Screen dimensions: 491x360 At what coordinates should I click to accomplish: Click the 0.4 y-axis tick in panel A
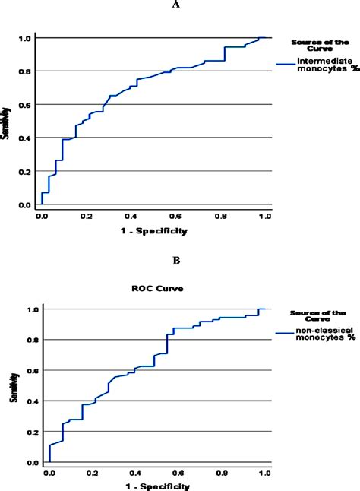point(25,138)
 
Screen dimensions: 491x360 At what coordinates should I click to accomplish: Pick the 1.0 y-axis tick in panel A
point(25,38)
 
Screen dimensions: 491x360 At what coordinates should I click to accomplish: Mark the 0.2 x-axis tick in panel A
point(86,216)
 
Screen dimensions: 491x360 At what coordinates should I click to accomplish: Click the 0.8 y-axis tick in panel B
point(31,340)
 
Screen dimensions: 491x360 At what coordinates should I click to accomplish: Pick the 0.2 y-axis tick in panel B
point(31,432)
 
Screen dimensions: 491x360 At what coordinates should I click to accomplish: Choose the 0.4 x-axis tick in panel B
point(135,473)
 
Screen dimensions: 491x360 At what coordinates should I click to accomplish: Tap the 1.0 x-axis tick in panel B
point(264,473)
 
